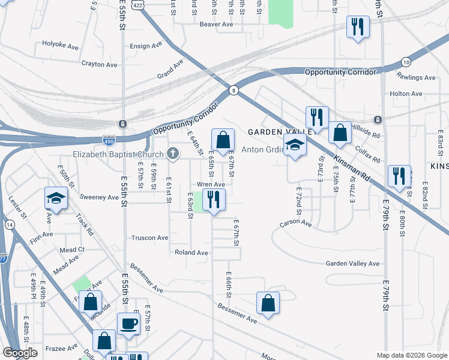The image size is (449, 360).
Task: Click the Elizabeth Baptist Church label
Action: tap(119, 154)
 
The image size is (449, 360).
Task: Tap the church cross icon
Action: tap(173, 154)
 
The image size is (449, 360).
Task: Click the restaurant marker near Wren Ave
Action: tap(214, 199)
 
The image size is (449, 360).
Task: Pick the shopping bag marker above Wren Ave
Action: tap(223, 140)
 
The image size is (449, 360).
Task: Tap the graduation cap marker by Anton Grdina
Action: tap(295, 145)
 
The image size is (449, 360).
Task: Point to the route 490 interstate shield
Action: tap(109, 142)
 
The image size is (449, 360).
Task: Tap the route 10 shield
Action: tap(406, 62)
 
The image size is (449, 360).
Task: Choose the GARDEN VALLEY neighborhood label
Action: tap(280, 131)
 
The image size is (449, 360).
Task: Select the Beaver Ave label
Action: tap(216, 25)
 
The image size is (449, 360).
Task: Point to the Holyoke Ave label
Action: tap(61, 44)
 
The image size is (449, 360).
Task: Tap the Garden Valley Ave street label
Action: tap(353, 263)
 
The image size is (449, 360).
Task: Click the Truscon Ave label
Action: tap(150, 238)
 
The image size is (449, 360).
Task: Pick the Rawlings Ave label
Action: tap(416, 77)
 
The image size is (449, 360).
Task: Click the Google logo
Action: tap(20, 353)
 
